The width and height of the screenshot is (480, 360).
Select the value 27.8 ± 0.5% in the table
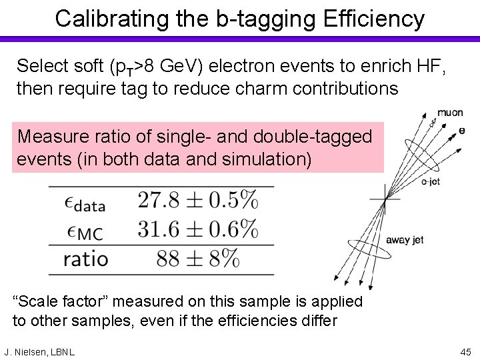point(198,199)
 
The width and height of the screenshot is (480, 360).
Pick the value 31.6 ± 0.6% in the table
point(198,229)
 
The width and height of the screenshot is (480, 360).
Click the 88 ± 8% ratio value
point(198,259)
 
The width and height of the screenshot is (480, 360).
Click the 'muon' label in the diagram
point(450,112)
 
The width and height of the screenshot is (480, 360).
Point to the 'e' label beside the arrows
point(462,131)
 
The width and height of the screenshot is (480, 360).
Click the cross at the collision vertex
point(386,198)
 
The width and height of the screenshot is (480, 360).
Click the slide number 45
point(465,351)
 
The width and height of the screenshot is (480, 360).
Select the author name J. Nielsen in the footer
point(29,351)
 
